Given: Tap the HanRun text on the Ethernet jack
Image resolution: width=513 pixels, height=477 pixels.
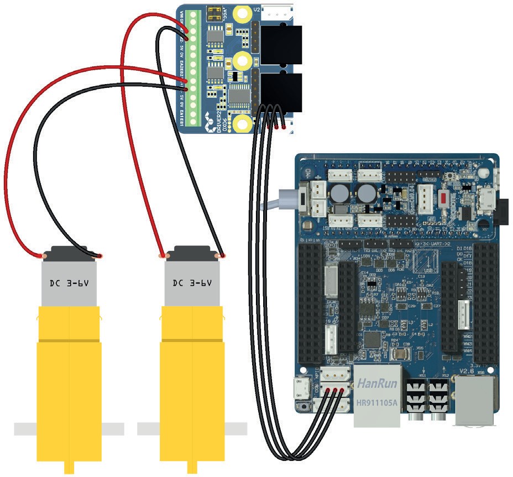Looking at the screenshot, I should (375, 382).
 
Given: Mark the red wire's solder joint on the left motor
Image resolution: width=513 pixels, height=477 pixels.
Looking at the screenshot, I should (43, 255).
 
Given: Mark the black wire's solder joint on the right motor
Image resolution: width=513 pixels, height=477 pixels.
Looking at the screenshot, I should (222, 255).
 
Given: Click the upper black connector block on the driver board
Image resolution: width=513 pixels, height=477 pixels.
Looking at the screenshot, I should (281, 44).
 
